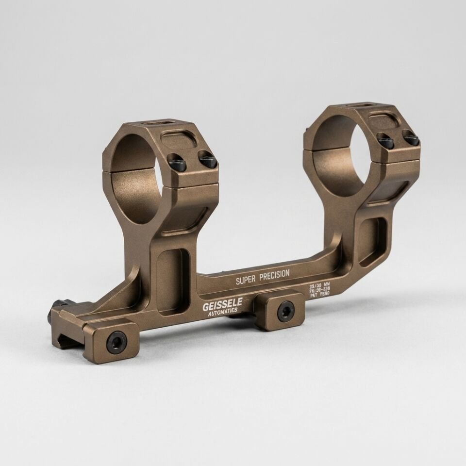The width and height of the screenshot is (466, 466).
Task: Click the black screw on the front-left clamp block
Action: (x=116, y=342)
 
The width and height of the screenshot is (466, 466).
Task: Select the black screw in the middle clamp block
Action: (x=285, y=311)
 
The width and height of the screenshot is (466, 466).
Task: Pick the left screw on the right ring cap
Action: (x=386, y=142)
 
